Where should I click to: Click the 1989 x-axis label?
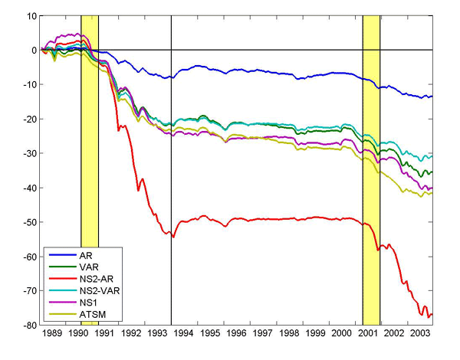point(52,335)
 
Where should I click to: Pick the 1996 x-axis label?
point(237,335)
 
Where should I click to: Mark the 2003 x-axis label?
point(420,335)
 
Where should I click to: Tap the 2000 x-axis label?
point(342,335)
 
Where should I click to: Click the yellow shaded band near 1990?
point(90,153)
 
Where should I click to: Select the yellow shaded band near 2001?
point(371,153)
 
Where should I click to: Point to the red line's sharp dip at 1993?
point(173,237)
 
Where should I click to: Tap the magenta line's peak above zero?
point(74,34)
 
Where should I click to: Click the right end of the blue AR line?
point(432,97)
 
